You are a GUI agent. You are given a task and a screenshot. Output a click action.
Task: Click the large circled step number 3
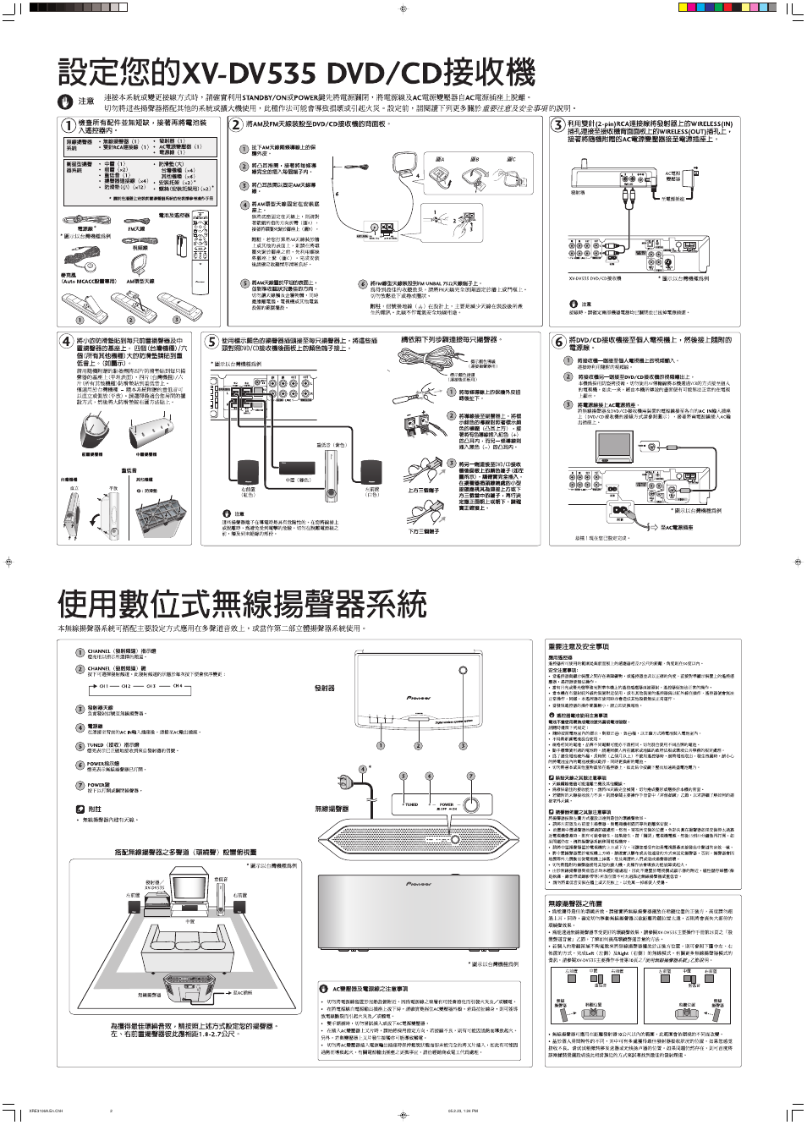tap(557, 125)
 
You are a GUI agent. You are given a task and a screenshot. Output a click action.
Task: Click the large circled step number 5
tap(211, 342)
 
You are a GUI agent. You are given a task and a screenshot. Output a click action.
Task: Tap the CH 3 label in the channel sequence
tap(151, 686)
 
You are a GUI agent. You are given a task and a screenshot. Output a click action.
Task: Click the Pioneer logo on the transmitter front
tap(418, 698)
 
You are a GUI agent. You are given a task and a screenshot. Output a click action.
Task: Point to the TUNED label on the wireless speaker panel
tap(411, 804)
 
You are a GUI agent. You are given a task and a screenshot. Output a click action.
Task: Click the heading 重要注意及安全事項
tap(578, 646)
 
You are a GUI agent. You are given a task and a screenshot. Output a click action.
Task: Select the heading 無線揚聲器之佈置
tap(575, 903)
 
